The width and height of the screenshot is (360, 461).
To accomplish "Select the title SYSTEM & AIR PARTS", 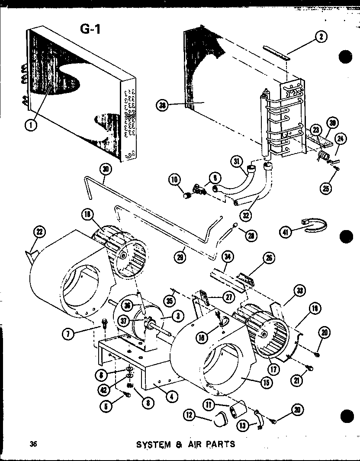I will (186, 444).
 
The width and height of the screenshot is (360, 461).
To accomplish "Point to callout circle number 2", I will (320, 38).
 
